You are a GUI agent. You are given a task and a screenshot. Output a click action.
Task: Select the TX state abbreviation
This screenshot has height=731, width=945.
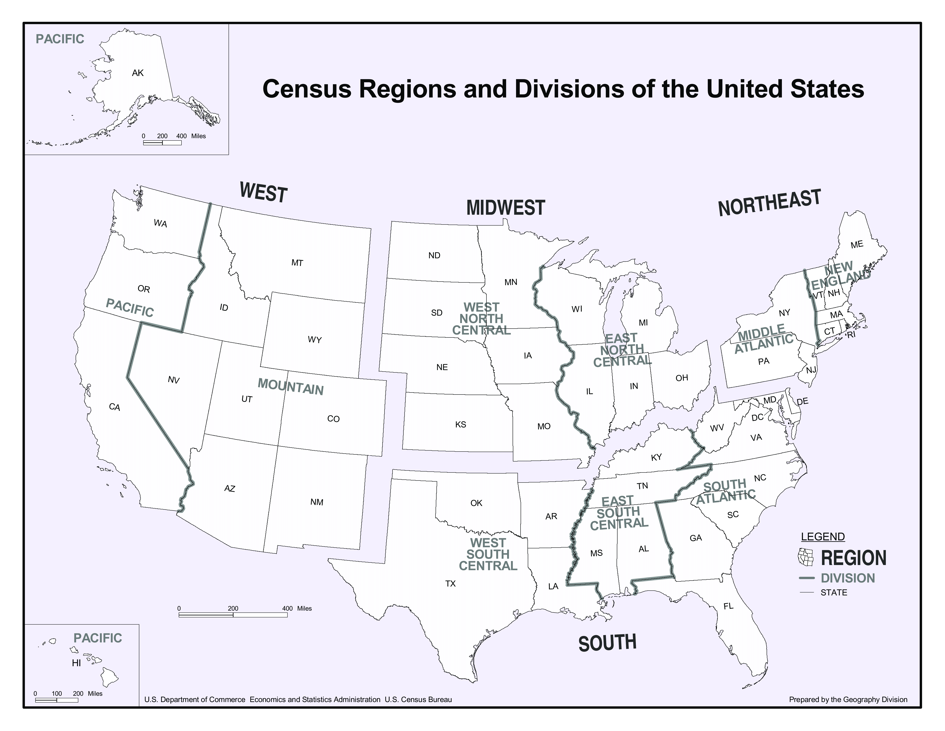[450, 584]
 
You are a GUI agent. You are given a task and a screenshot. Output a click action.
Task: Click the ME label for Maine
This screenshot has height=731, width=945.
[857, 245]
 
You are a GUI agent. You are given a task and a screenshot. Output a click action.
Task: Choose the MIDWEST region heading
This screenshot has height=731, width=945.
[505, 208]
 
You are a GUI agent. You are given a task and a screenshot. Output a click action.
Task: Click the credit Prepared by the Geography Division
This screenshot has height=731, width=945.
[848, 699]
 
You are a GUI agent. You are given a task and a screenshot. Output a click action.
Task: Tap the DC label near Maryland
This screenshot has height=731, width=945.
[757, 418]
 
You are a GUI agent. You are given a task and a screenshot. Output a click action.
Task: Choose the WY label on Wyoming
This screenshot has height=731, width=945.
[315, 340]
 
